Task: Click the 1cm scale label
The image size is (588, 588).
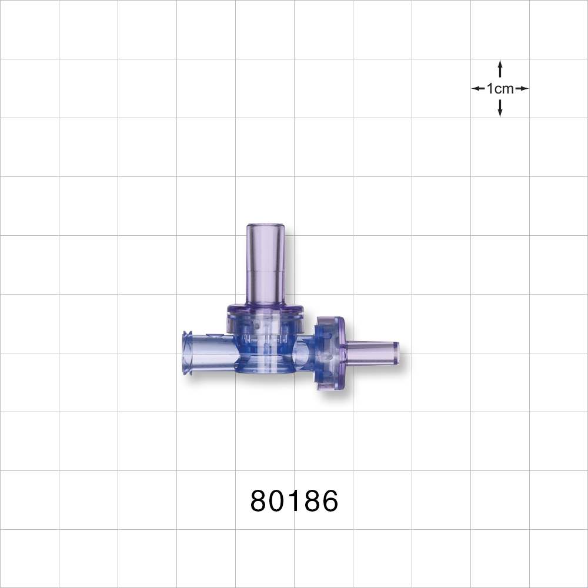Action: point(500,89)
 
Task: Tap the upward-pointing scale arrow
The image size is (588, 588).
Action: point(500,69)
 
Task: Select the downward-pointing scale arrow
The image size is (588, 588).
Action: point(500,108)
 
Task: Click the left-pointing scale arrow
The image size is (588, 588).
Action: point(478,89)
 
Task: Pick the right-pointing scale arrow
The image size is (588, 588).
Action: point(522,89)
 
